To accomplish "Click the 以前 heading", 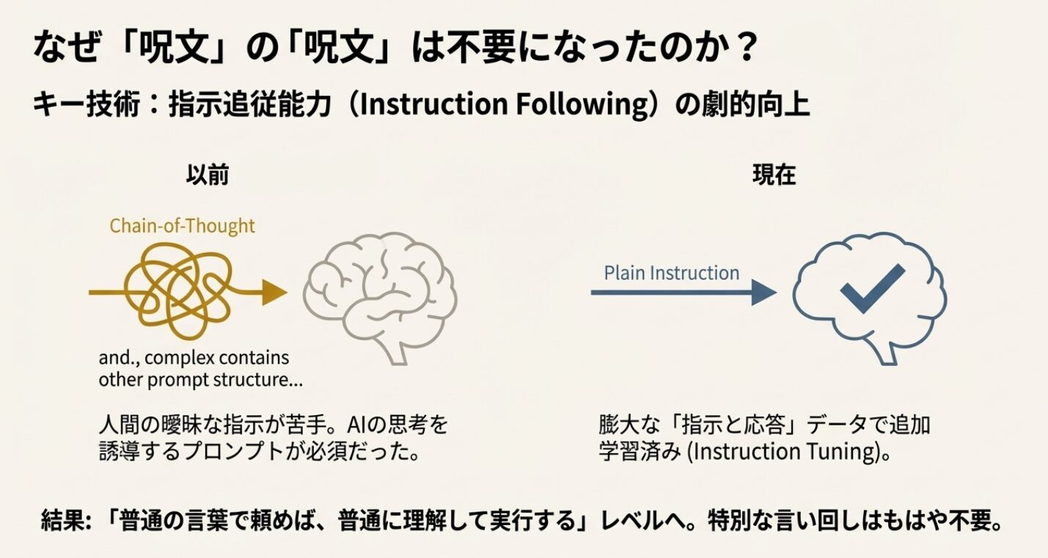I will coord(208,177).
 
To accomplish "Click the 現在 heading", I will coord(774,177).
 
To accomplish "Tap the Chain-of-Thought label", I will coord(182,226).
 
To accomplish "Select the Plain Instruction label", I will coord(671,274).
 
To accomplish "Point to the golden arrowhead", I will coord(276,293).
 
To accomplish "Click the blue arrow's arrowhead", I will coord(763,293).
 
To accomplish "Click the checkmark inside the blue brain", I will coord(872,288).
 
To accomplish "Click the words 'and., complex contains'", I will coord(194,359).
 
